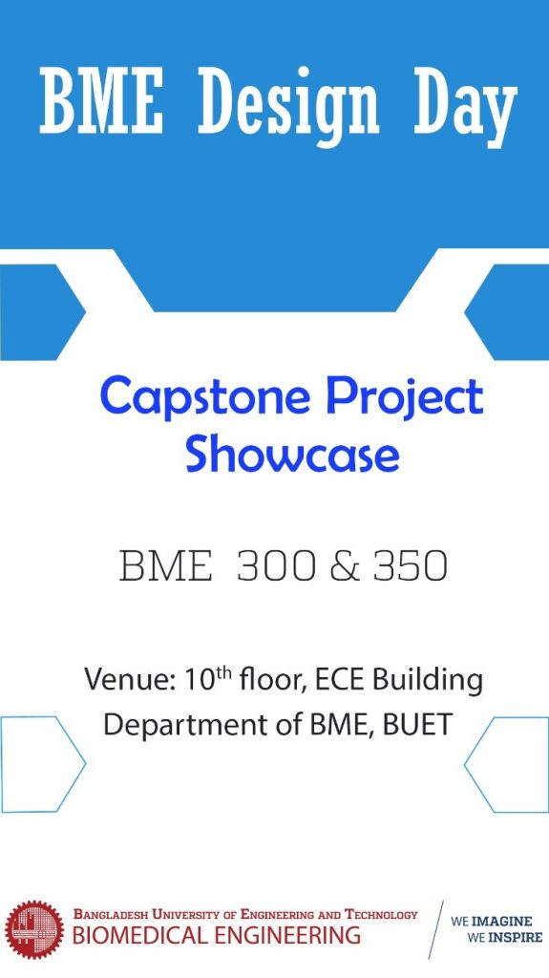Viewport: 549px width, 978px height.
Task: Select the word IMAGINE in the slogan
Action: click(507, 923)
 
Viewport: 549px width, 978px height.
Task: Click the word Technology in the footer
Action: click(380, 915)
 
